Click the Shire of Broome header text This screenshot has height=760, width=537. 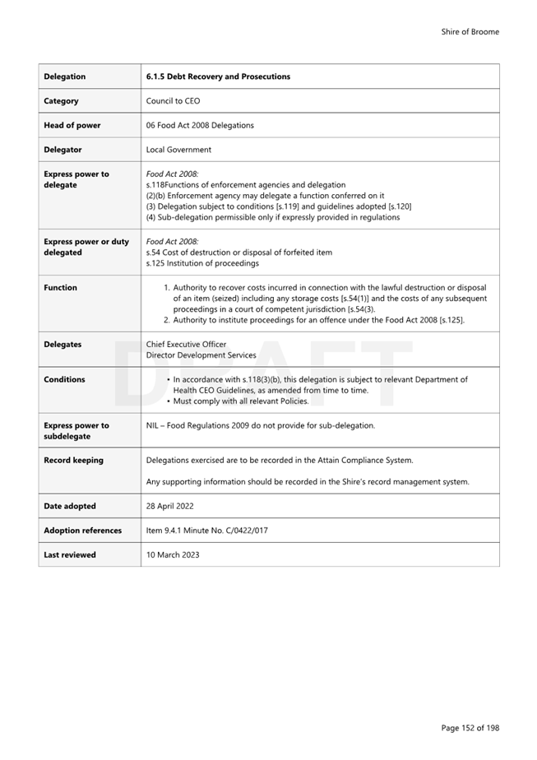pos(470,32)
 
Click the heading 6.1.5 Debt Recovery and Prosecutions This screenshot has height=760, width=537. pos(218,76)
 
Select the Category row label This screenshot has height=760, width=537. pos(62,101)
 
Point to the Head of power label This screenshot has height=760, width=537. pos(72,125)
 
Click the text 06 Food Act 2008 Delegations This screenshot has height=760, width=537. pos(200,125)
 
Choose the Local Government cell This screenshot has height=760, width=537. pos(178,150)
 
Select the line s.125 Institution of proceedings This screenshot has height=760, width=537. pos(201,263)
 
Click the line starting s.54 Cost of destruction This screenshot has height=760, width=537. pos(238,253)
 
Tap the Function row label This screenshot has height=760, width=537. pos(60,288)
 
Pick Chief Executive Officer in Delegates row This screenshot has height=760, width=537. pos(186,345)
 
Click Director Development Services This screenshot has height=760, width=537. pos(201,355)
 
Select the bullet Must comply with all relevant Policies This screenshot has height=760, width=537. pos(240,401)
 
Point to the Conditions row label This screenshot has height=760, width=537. pos(64,380)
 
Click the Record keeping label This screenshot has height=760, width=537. pos(73,461)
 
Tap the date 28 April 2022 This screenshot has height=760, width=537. pos(169,506)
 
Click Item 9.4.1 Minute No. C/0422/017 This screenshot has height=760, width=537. pos(206,531)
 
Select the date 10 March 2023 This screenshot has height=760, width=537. pos(172,555)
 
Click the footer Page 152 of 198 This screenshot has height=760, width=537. pos(470,728)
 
